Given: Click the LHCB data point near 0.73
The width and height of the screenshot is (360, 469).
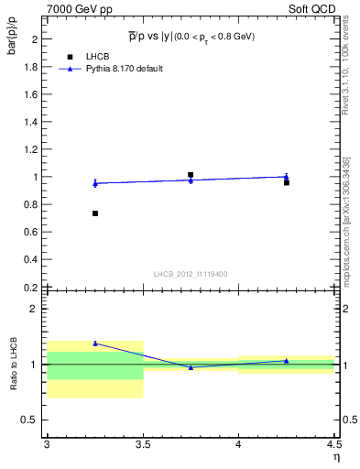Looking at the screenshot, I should [x=94, y=213].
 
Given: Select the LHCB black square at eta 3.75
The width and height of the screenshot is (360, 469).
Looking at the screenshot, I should [x=191, y=174].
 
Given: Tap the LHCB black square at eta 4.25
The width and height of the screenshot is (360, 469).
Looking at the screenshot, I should [x=287, y=182].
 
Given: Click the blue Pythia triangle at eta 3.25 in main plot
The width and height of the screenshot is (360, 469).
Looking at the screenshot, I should [x=94, y=183].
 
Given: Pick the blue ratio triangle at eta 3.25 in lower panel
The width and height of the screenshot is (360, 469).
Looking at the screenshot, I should [x=94, y=344].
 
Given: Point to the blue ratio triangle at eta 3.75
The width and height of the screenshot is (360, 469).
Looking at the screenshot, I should [x=191, y=367].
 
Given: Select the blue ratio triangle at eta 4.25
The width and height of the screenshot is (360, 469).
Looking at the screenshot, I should [x=287, y=361].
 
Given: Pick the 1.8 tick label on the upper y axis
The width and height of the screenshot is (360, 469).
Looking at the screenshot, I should [x=30, y=67].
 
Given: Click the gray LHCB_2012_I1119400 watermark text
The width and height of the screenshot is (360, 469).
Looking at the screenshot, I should [x=191, y=274].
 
